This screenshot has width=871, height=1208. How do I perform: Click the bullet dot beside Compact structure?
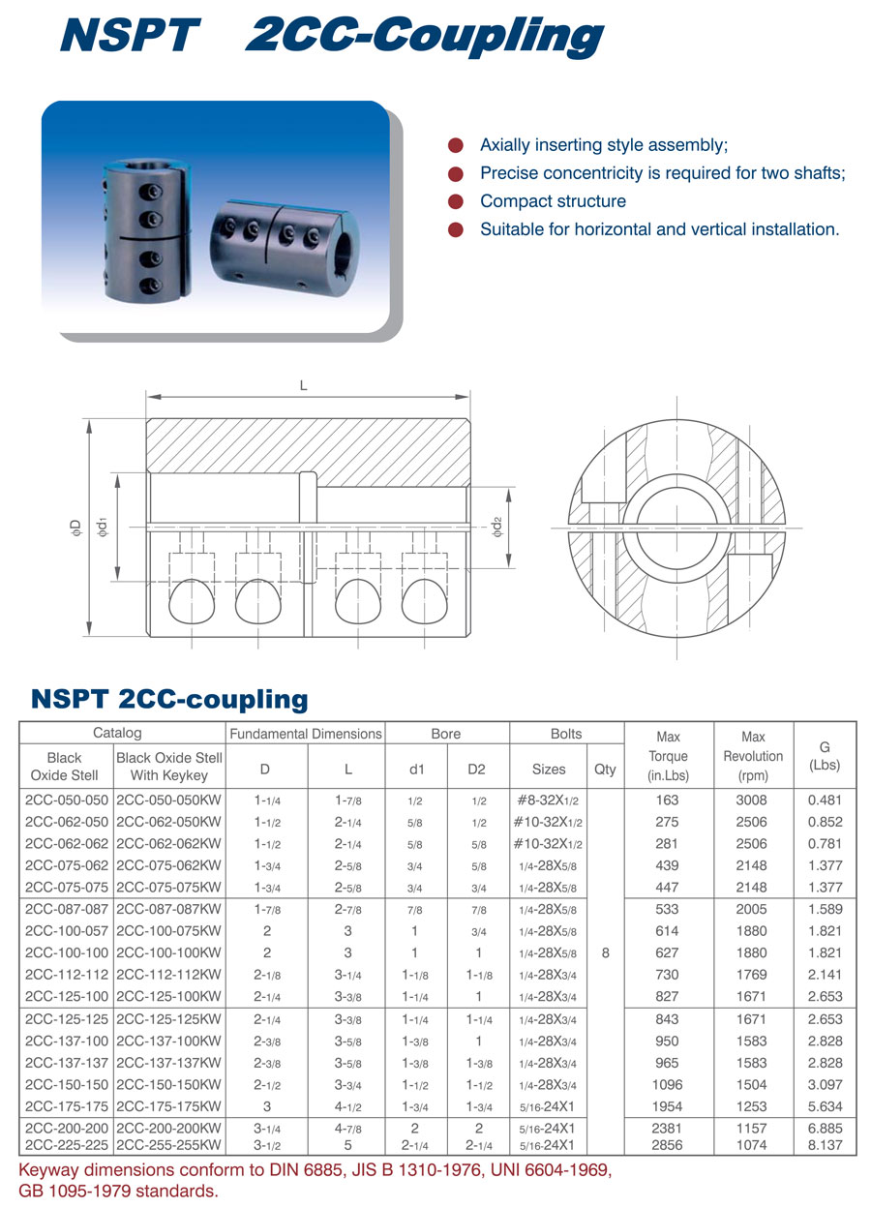point(455,201)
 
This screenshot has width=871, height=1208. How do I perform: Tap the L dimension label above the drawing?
point(303,386)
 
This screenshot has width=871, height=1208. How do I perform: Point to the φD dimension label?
point(75,528)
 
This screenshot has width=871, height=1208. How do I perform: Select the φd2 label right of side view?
point(497,528)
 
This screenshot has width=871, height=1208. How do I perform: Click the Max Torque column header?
point(668,756)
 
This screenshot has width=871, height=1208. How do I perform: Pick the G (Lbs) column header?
point(825,756)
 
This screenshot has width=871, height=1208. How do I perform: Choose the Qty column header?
point(605,770)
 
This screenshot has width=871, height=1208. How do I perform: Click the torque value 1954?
point(667,1106)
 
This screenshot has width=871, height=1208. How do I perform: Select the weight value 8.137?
point(825,1145)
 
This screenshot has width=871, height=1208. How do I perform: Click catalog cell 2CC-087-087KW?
point(168,909)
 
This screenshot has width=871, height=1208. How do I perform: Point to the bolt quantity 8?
point(605,952)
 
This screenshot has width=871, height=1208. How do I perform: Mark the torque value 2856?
point(667,1145)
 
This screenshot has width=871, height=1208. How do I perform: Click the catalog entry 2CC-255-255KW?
point(168,1145)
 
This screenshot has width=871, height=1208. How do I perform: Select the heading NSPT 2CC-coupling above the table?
point(169,699)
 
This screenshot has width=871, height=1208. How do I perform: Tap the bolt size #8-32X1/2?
point(548,800)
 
